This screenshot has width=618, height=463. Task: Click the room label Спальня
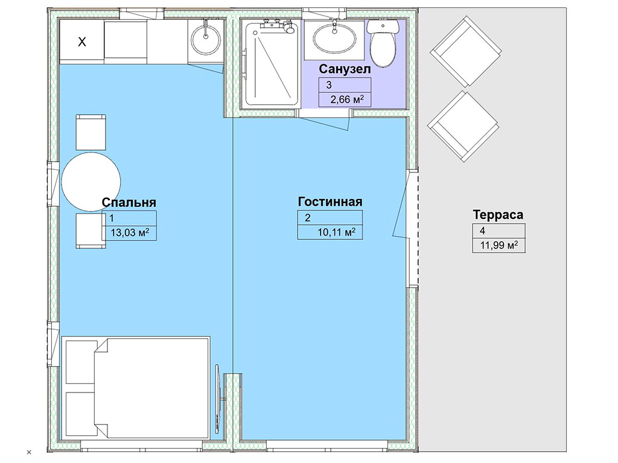coord(129,203)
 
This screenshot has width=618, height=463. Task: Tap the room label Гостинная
coord(330,201)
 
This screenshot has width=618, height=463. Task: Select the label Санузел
coord(345,69)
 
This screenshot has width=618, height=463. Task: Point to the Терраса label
coord(498,215)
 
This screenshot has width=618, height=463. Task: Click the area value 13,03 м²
coord(130,232)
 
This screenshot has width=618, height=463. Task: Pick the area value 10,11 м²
coord(337,232)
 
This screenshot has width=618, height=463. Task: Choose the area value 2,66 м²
coord(347,99)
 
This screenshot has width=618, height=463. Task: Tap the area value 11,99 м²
coord(499,245)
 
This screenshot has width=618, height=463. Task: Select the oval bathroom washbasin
coord(334,39)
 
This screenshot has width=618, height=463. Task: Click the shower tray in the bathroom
coord(270,64)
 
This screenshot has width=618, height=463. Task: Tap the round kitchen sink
coord(205,39)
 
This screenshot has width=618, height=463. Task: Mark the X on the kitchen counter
coord(82,42)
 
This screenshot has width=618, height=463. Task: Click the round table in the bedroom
coord(91,182)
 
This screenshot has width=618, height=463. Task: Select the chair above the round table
coord(91,132)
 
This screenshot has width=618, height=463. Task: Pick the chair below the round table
coord(91,231)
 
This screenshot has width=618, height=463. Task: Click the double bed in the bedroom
coord(136,388)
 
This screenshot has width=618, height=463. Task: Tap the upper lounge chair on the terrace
coord(465,51)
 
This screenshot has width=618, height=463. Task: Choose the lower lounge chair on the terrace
coord(463,127)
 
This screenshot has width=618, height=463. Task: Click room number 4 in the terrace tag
coord(482,231)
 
